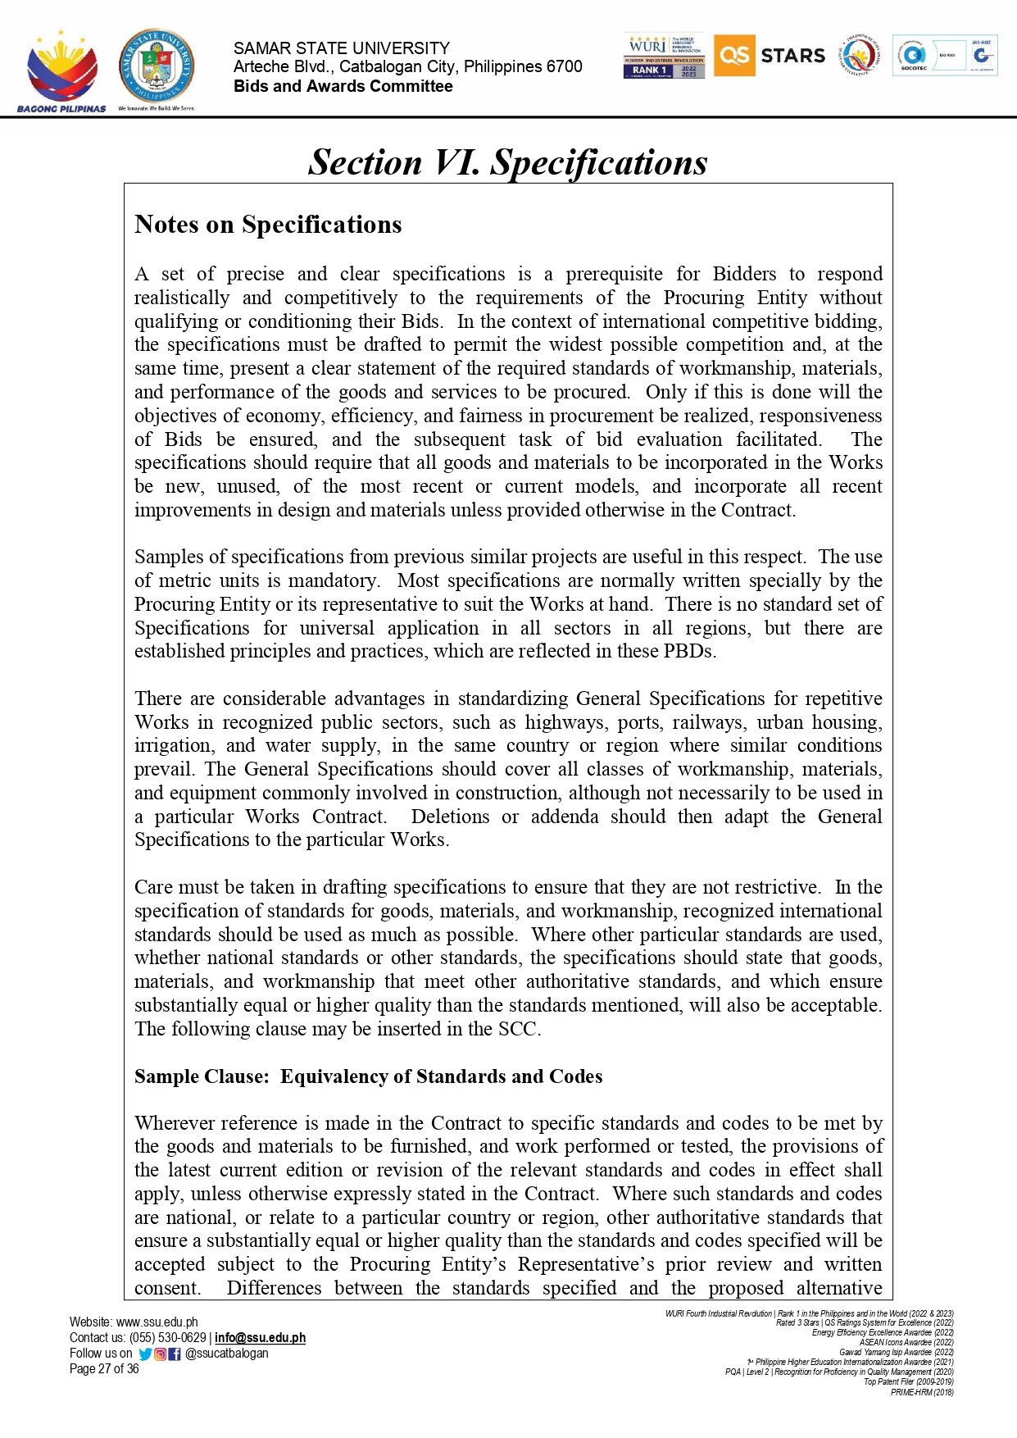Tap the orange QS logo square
(733, 56)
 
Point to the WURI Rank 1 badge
(664, 57)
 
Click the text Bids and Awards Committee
(343, 86)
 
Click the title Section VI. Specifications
(507, 162)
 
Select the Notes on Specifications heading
(268, 225)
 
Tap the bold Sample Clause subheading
(368, 1076)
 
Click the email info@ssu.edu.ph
(260, 1337)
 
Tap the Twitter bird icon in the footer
(145, 1354)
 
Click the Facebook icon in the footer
(174, 1354)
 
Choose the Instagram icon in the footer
(160, 1354)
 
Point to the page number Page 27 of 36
(104, 1368)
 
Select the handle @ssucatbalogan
(227, 1353)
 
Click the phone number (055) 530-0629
(168, 1337)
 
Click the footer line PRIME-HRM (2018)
(922, 1391)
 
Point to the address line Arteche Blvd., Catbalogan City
(407, 66)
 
